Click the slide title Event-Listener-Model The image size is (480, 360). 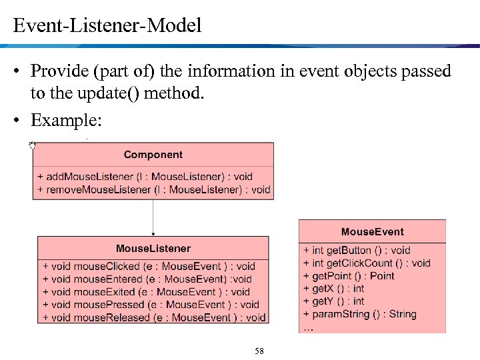click(107, 26)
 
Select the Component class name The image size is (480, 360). click(153, 155)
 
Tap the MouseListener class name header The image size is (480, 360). click(153, 249)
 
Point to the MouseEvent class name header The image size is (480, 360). click(372, 232)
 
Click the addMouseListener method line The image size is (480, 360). click(145, 177)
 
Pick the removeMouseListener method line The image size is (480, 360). click(153, 189)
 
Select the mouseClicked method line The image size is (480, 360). click(149, 267)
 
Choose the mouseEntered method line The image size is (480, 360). click(147, 279)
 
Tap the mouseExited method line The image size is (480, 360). click(146, 292)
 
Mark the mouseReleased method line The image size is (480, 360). click(154, 317)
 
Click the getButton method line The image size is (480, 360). click(357, 251)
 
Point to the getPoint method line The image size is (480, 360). click(349, 276)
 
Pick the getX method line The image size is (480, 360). click(333, 289)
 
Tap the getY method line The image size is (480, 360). click(333, 301)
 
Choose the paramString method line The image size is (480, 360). click(359, 314)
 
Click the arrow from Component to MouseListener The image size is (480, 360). click(153, 217)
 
